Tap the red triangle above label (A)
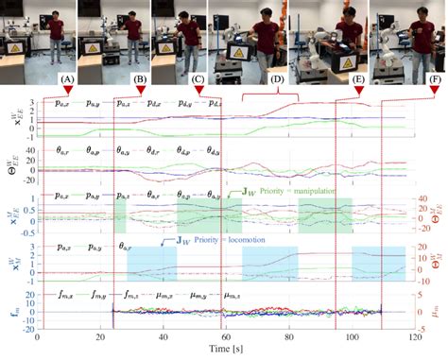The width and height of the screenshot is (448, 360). tap(67, 90)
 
